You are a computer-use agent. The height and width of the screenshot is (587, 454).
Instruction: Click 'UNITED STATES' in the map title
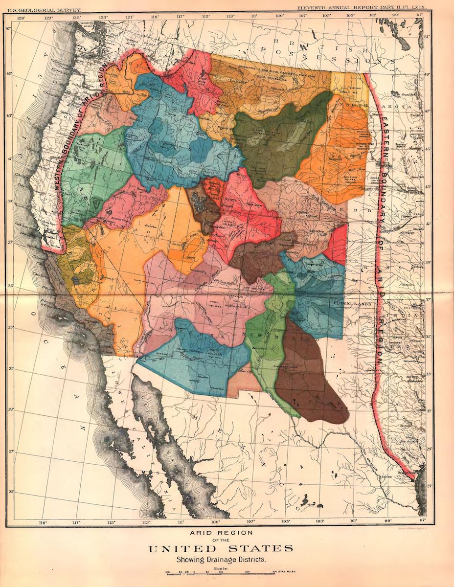tap(221, 549)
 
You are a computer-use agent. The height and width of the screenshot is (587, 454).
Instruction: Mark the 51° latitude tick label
tap(427, 37)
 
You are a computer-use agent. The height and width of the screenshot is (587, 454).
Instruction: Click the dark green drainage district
tap(279, 137)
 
